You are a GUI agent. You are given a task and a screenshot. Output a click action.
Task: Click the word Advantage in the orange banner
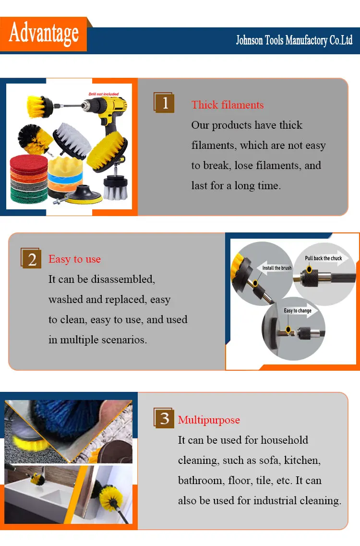[44, 34]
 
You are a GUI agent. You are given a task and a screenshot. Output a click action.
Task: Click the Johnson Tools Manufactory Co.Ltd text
[294, 40]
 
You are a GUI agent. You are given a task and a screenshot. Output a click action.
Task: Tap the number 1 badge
[164, 102]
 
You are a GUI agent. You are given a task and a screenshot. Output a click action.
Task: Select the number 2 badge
[31, 258]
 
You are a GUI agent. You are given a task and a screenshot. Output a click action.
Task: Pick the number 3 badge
[164, 418]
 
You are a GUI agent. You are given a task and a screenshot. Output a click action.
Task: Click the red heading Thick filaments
[228, 105]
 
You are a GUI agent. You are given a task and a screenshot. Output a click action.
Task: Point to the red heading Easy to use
[74, 259]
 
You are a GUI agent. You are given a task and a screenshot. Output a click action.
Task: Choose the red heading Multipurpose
[209, 420]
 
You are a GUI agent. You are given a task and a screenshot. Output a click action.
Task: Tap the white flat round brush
[72, 140]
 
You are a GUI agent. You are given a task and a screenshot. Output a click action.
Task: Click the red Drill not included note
[103, 94]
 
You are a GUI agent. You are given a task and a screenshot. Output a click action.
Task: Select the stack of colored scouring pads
[29, 179]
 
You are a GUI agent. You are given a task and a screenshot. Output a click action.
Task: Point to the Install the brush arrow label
[277, 268]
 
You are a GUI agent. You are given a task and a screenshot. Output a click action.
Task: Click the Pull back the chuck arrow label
[324, 258]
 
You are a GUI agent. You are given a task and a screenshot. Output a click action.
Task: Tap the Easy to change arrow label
[298, 310]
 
